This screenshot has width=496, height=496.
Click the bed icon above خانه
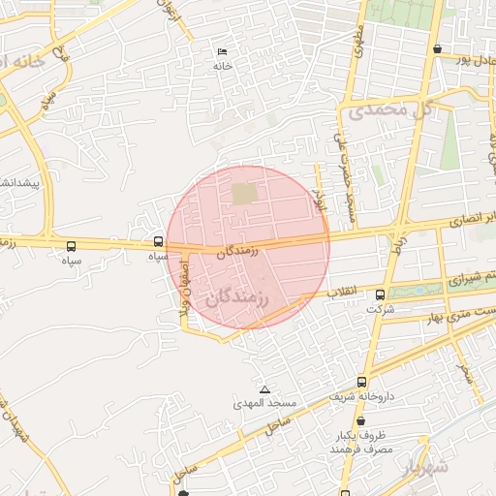click(x=222, y=51)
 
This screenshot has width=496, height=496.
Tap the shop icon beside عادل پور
click(x=438, y=48)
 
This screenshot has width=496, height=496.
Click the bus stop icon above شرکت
click(x=380, y=294)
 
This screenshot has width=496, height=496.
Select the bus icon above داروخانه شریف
click(x=362, y=382)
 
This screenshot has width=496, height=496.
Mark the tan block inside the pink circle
click(x=245, y=193)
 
